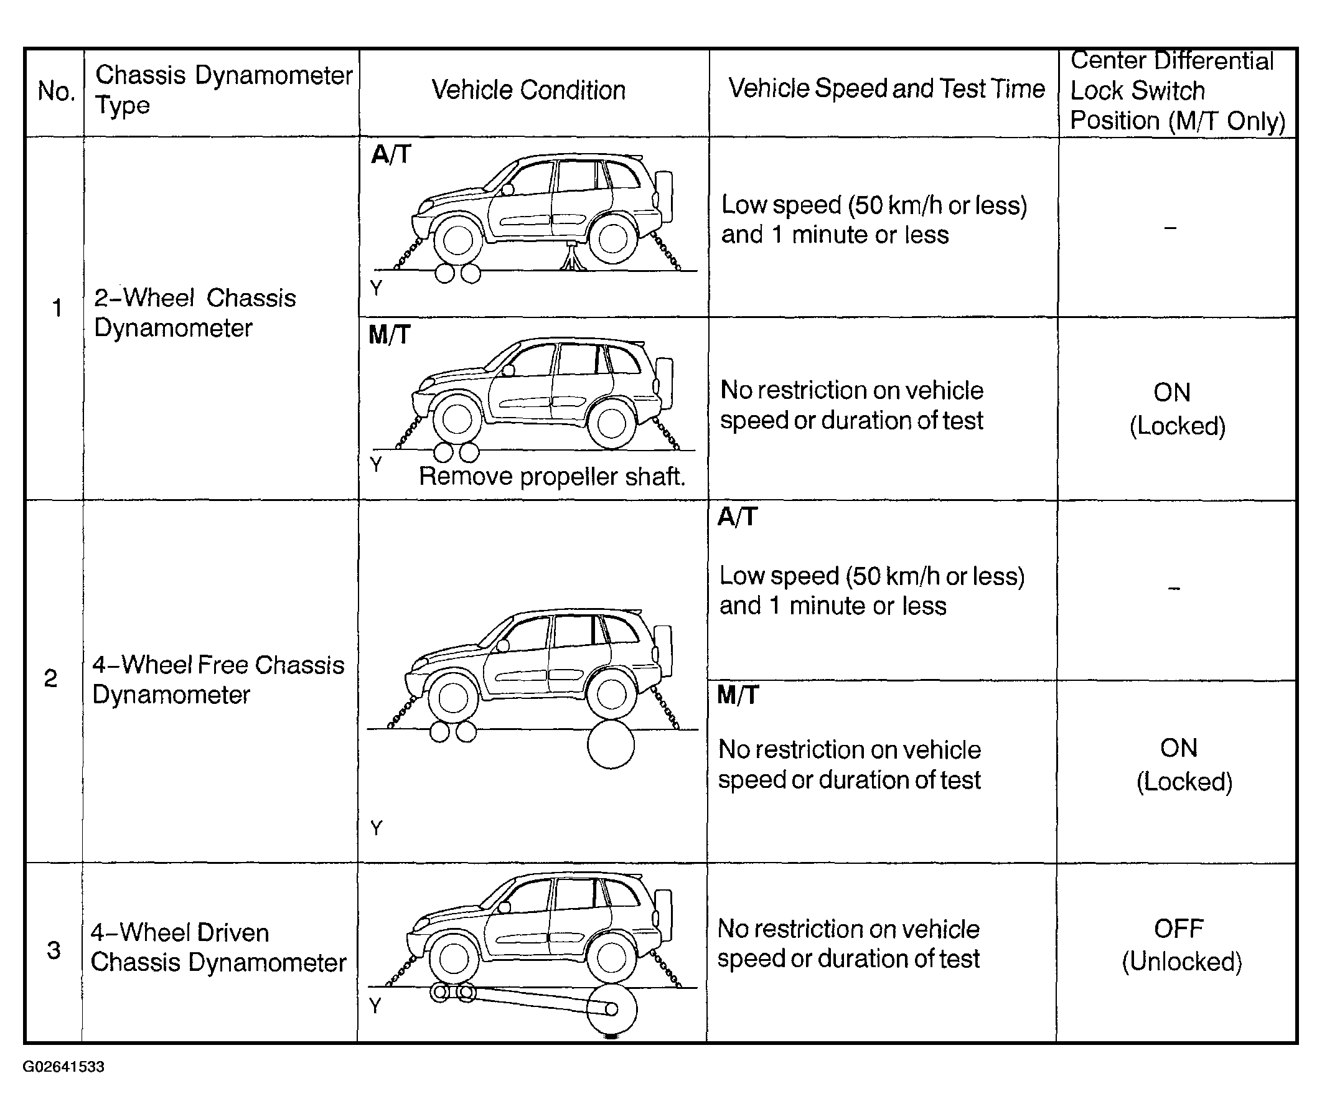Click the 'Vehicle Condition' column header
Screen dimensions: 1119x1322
528,90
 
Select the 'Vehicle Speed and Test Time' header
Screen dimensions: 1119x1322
886,89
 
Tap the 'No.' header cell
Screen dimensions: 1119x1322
56,91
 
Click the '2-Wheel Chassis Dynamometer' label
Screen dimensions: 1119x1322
195,313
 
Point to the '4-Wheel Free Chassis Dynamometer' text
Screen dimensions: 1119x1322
218,680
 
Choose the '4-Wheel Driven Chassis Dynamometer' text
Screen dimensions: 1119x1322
218,947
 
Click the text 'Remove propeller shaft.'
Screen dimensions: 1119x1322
552,476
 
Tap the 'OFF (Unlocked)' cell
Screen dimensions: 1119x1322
1181,945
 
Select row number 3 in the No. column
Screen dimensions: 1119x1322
54,950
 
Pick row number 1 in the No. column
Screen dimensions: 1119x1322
57,308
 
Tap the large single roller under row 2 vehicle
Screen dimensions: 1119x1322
610,745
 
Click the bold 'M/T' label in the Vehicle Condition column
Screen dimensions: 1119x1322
390,334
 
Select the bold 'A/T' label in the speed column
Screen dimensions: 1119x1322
737,517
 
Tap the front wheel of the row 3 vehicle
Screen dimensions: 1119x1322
454,958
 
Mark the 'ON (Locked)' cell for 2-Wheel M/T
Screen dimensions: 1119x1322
1177,409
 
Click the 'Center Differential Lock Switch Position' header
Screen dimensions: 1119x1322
1177,91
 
